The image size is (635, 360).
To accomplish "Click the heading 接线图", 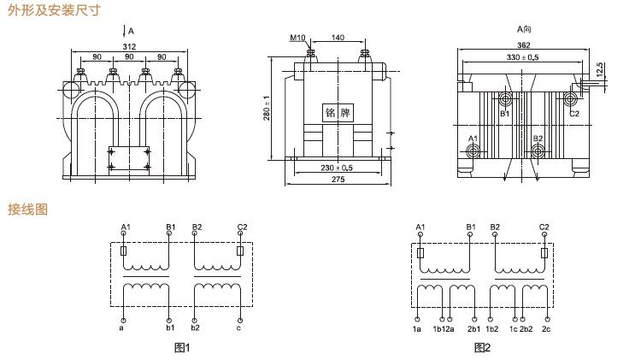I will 27,209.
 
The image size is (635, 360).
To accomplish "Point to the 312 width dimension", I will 129,46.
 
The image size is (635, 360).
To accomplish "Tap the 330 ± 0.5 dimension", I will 524,58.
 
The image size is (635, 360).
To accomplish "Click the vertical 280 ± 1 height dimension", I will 268,109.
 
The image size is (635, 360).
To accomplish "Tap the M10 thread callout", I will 297,38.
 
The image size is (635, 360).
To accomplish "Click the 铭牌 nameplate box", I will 338,112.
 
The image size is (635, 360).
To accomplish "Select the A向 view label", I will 524,28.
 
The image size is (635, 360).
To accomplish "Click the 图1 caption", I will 181,347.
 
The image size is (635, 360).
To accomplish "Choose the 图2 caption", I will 482,347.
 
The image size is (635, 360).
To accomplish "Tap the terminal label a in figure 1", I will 121,327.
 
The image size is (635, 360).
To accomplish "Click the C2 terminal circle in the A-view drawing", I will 570,100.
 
